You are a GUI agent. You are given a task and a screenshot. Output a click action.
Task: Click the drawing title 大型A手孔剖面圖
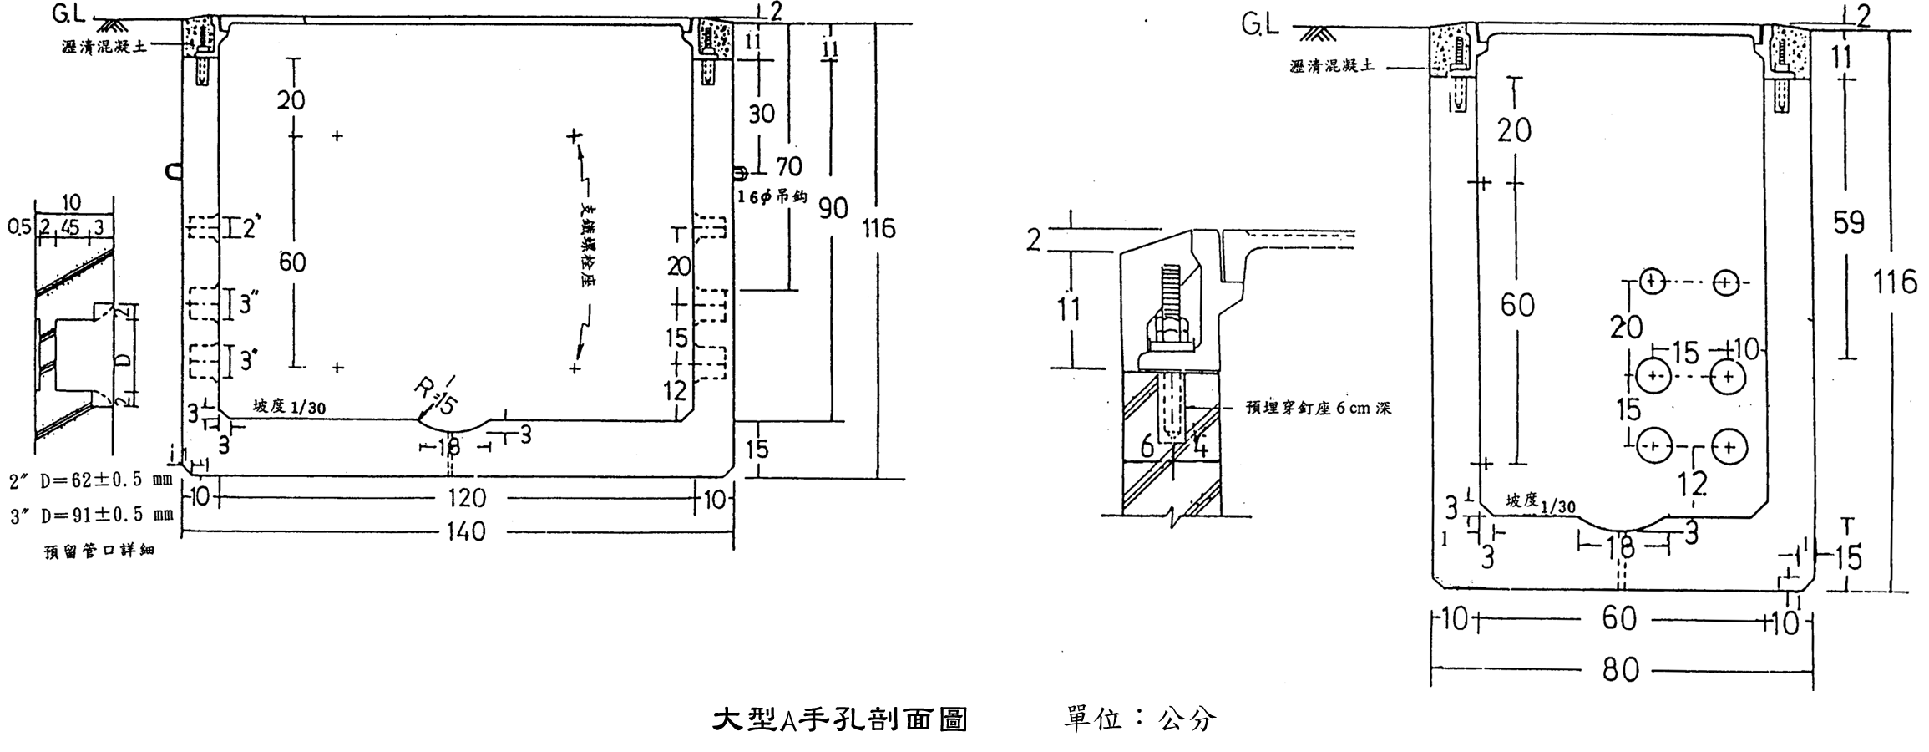click(x=839, y=719)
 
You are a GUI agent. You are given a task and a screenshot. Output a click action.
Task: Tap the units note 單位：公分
click(x=1140, y=719)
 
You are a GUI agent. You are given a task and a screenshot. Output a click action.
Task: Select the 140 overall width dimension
click(x=465, y=531)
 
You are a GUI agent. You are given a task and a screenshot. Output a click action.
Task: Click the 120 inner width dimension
click(x=465, y=499)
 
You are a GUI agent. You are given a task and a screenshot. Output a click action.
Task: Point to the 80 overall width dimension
click(x=1620, y=670)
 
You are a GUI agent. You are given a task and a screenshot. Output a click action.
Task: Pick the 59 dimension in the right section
click(x=1847, y=223)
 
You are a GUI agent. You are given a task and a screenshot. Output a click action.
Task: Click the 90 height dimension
click(x=833, y=208)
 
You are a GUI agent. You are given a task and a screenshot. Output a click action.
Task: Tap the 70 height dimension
click(x=787, y=167)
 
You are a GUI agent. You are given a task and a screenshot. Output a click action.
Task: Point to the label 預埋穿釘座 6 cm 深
click(x=1318, y=409)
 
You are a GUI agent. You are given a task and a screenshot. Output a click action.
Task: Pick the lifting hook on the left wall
click(x=174, y=172)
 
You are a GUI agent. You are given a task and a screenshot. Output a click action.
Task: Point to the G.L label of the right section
click(x=1259, y=26)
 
